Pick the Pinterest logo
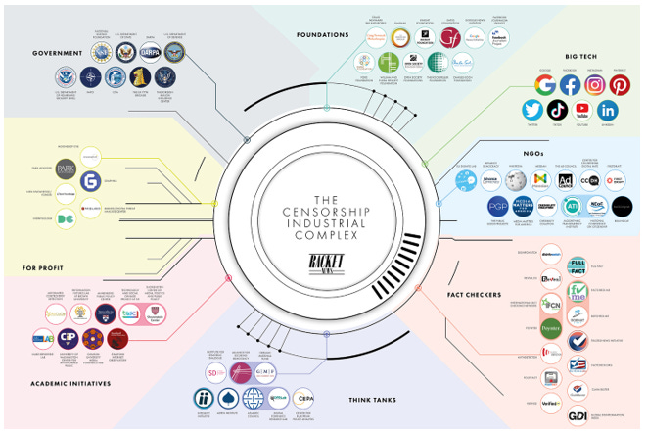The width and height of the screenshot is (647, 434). pyautogui.click(x=620, y=85)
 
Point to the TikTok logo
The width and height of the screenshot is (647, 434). pyautogui.click(x=557, y=110)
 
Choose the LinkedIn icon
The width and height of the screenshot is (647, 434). pyautogui.click(x=607, y=110)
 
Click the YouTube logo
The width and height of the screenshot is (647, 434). pyautogui.click(x=582, y=110)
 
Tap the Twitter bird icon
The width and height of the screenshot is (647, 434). pyautogui.click(x=532, y=110)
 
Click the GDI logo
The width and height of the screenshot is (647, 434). pyautogui.click(x=578, y=415)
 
